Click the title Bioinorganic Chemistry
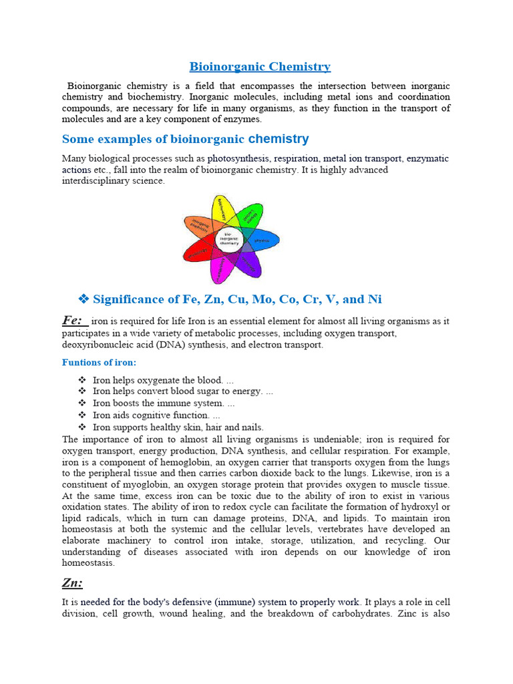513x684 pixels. (260, 66)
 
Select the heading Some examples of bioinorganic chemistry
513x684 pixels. (185, 139)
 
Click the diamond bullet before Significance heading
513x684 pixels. (83, 299)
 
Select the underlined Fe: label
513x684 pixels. (73, 320)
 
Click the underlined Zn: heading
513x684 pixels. (72, 583)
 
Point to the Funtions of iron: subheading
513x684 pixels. (99, 362)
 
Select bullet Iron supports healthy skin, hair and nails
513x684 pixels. (178, 427)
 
